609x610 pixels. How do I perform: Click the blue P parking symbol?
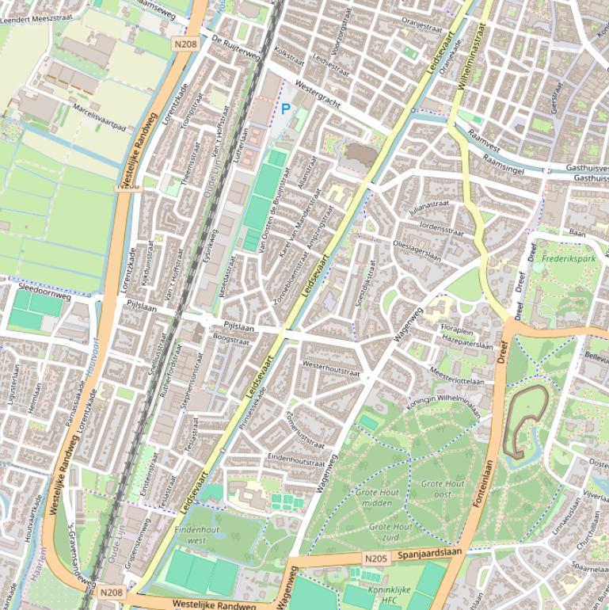285,109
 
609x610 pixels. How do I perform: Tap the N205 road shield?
375,559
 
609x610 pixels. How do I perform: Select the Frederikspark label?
569,259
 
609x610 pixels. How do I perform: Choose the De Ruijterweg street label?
235,48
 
